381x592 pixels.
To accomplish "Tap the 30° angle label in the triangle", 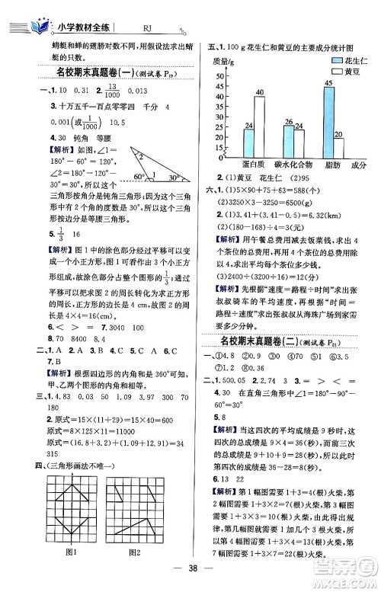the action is coord(174,178).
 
